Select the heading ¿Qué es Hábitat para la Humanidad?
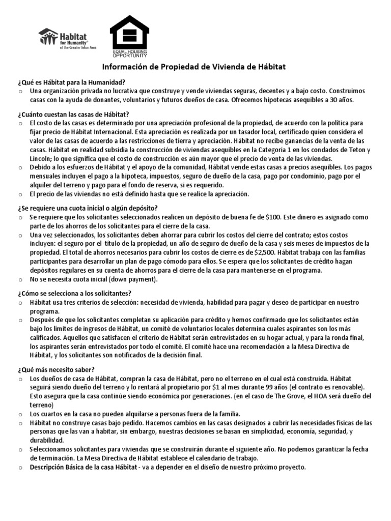[x=70, y=82]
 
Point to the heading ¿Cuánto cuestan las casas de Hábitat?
[x=73, y=114]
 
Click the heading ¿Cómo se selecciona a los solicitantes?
[x=74, y=294]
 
